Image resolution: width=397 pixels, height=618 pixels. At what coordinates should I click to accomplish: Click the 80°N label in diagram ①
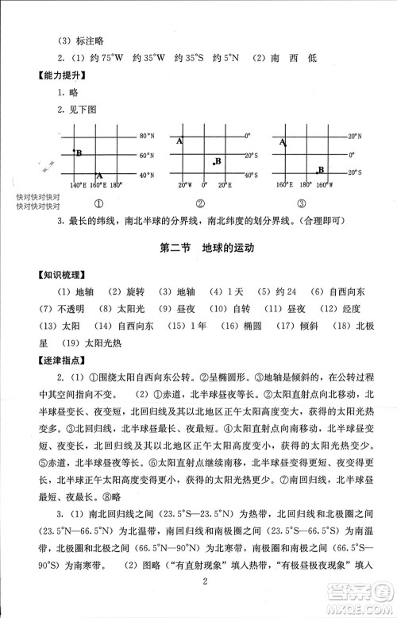tap(148, 135)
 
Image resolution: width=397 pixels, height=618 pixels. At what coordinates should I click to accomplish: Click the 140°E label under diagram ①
tap(77, 185)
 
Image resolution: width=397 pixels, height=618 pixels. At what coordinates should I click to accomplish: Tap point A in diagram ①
tap(99, 174)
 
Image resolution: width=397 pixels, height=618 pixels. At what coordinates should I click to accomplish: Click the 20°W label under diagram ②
tap(184, 185)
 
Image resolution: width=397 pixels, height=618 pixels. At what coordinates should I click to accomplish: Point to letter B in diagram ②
tap(217, 162)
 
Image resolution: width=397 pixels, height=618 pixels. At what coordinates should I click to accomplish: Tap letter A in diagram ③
tap(283, 143)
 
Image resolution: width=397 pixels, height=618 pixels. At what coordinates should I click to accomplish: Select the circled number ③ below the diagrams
tap(302, 203)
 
